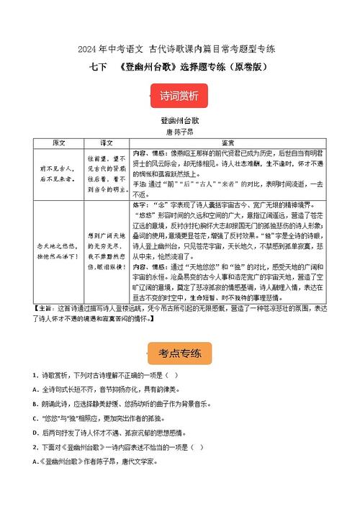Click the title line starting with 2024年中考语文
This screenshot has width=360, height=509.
coord(180,49)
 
